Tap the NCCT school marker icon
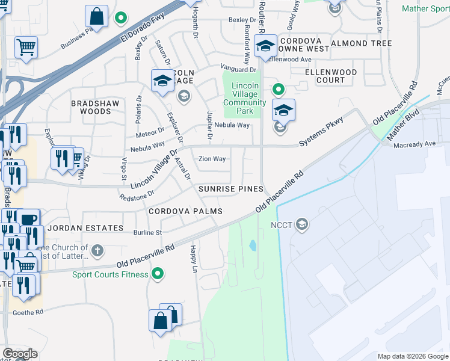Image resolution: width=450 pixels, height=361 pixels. pyautogui.click(x=302, y=225)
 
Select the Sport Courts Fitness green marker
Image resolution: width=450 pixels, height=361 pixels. pyautogui.click(x=158, y=274)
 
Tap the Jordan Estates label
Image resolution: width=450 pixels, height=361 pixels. pyautogui.click(x=77, y=229)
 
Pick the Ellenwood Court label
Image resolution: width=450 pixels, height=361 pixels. pyautogui.click(x=331, y=76)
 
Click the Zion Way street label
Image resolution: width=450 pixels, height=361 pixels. pyautogui.click(x=212, y=159)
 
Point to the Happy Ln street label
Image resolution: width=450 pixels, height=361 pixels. pyautogui.click(x=193, y=256)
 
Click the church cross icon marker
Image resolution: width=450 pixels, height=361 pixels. pyautogui.click(x=97, y=249)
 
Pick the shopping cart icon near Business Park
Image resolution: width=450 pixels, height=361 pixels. pyautogui.click(x=25, y=47)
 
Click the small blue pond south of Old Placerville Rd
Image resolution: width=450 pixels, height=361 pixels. pyautogui.click(x=253, y=245)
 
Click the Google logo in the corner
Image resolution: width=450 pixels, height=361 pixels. pyautogui.click(x=20, y=354)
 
